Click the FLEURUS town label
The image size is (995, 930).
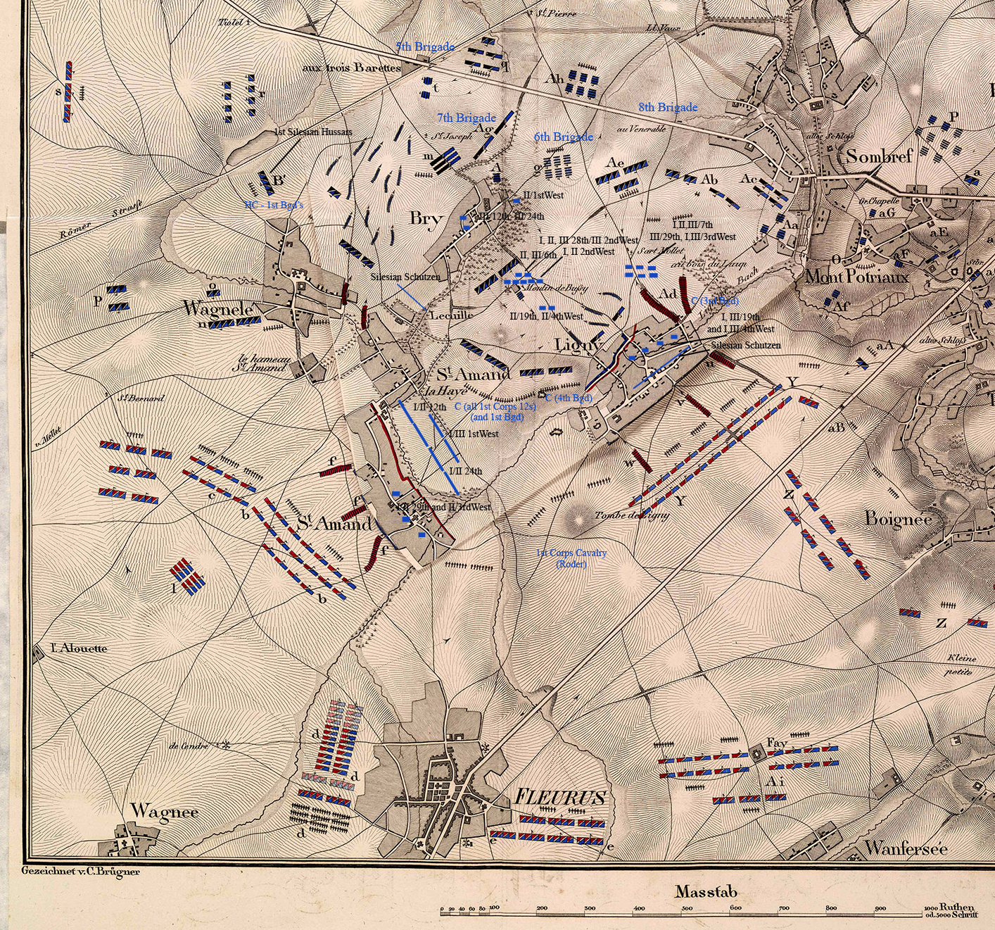click(559, 798)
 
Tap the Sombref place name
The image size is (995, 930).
click(879, 156)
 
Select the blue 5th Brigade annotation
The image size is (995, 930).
click(424, 46)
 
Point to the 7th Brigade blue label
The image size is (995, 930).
click(466, 118)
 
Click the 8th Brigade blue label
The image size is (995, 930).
click(668, 107)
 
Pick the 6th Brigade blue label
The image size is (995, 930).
click(563, 137)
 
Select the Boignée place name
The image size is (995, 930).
click(898, 520)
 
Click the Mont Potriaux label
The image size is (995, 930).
click(856, 276)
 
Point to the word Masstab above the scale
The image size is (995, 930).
click(706, 892)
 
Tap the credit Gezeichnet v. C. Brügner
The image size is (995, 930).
click(80, 871)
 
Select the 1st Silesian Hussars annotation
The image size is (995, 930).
click(313, 132)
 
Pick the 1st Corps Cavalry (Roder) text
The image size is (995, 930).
click(571, 558)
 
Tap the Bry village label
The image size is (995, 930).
click(425, 218)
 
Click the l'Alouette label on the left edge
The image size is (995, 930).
click(79, 648)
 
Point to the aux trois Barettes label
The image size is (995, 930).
click(351, 68)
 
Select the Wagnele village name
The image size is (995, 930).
click(217, 308)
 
